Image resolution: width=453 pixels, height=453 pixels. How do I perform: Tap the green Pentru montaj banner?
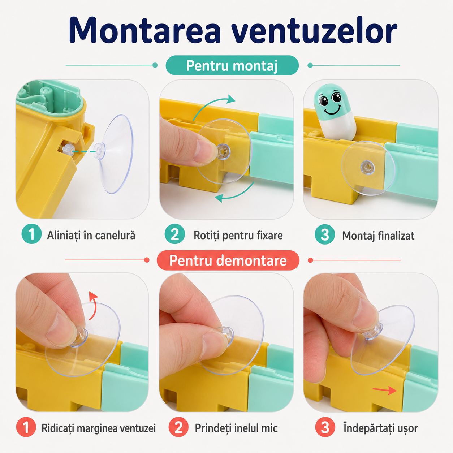click(x=232, y=65)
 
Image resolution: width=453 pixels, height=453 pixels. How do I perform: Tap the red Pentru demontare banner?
click(x=228, y=260)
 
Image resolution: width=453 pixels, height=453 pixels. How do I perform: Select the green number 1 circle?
click(x=31, y=234)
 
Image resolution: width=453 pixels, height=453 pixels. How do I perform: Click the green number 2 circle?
click(x=174, y=234)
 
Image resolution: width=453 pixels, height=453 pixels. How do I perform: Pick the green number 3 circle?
click(x=325, y=234)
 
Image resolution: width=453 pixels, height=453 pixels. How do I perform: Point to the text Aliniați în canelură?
click(x=91, y=235)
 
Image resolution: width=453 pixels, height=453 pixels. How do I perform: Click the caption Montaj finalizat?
click(x=378, y=236)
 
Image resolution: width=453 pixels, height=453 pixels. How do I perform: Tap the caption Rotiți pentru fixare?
click(x=238, y=235)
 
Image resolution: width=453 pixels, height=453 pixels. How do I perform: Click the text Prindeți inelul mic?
click(x=236, y=428)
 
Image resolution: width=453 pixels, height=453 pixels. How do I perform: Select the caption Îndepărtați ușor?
click(x=380, y=428)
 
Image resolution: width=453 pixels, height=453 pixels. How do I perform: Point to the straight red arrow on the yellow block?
click(x=385, y=391)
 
